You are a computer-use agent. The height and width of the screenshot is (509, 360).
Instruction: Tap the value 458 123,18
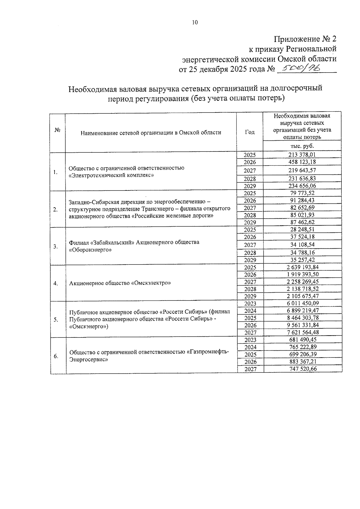click(x=302, y=162)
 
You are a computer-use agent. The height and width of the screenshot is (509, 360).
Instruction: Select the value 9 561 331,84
click(x=303, y=325)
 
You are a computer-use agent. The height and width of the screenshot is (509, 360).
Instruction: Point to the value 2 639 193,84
click(x=302, y=267)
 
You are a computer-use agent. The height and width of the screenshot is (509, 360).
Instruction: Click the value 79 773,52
click(x=302, y=193)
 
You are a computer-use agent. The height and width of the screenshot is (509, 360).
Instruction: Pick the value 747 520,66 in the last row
click(x=303, y=369)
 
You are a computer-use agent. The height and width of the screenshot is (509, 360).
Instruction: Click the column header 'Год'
click(x=250, y=132)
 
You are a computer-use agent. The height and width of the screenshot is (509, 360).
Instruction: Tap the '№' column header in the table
click(x=58, y=130)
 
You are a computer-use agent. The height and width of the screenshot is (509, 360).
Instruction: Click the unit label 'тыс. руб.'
click(x=302, y=146)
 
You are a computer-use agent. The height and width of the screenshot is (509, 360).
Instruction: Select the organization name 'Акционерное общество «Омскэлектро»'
click(x=120, y=283)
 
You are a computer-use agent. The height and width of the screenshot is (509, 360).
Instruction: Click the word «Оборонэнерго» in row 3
click(x=90, y=250)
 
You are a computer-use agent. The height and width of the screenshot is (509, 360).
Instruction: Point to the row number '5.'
click(x=56, y=320)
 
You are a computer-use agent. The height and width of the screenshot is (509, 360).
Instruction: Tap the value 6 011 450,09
click(x=303, y=304)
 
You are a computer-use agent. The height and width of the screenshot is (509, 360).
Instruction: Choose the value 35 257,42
click(x=302, y=260)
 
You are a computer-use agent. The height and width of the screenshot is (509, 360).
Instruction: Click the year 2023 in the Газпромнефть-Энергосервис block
click(x=250, y=340)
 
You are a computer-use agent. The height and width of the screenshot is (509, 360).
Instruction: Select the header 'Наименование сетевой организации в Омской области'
click(x=151, y=133)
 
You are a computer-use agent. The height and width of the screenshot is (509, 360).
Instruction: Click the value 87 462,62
click(x=302, y=222)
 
